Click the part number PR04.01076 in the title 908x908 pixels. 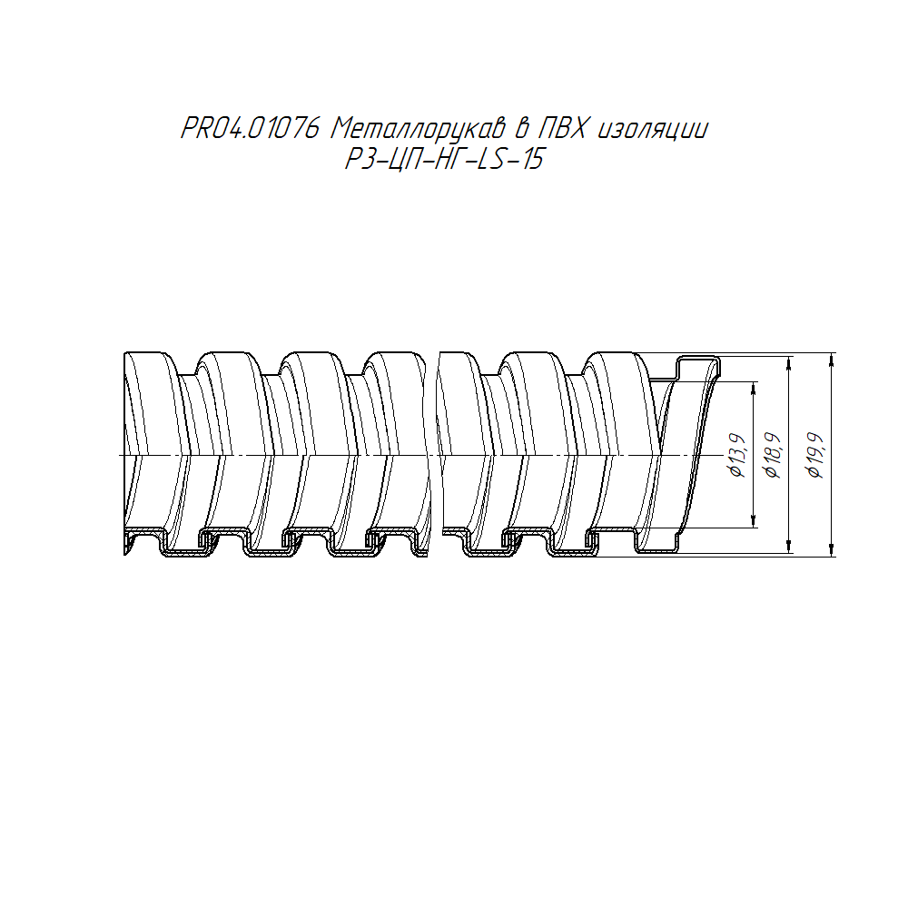click(x=251, y=128)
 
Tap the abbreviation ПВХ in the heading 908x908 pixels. click(x=564, y=128)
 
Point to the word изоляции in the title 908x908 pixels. click(x=653, y=130)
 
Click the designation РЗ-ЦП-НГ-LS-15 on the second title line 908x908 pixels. click(x=444, y=159)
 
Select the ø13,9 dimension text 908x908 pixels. click(x=737, y=455)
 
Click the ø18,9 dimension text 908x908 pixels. click(x=774, y=455)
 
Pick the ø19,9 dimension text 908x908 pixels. click(x=816, y=455)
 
